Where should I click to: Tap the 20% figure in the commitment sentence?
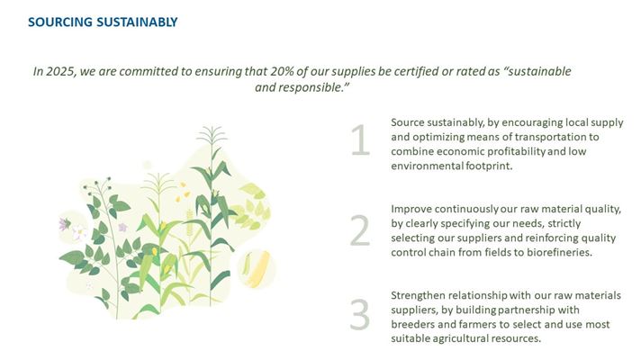[x=282, y=71]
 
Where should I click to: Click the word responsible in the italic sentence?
[x=314, y=87]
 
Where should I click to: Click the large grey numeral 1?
[x=360, y=140]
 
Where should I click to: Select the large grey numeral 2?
[x=360, y=231]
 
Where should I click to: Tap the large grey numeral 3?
[x=360, y=315]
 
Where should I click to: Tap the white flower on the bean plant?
[x=78, y=232]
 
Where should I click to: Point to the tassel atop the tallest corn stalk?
[x=212, y=135]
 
